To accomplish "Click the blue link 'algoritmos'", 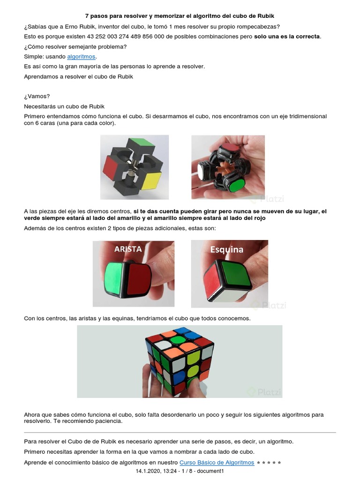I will pyautogui.click(x=81, y=57).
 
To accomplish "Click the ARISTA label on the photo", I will pyautogui.click(x=128, y=249).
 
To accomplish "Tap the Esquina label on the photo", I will pyautogui.click(x=226, y=249).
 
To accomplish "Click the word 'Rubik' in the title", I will pyautogui.click(x=266, y=15).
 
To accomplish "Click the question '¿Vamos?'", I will pyautogui.click(x=37, y=97).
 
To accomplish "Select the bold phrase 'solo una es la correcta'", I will pyautogui.click(x=287, y=36).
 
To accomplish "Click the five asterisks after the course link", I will pyautogui.click(x=269, y=463).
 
